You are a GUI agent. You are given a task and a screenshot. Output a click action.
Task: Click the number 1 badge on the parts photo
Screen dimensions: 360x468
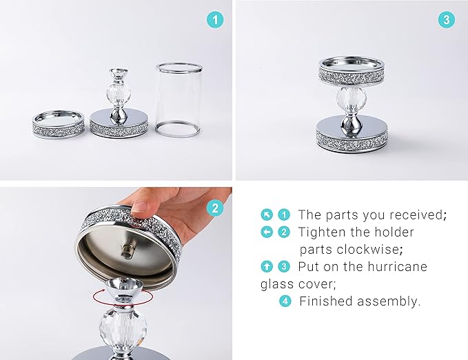tap(216, 20)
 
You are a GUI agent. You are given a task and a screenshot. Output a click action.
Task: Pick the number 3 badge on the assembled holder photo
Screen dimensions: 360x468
tap(447, 20)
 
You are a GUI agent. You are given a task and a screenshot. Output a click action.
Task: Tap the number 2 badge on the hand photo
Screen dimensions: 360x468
tap(216, 208)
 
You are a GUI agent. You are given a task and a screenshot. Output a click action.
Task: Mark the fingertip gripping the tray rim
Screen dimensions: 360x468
tap(140, 207)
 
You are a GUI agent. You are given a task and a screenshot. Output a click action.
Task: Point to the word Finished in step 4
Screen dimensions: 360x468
tap(324, 301)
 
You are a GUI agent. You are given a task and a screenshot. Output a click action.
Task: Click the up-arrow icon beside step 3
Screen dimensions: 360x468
tap(266, 266)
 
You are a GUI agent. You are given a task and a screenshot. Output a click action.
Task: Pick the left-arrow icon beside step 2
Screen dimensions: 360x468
tap(266, 232)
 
